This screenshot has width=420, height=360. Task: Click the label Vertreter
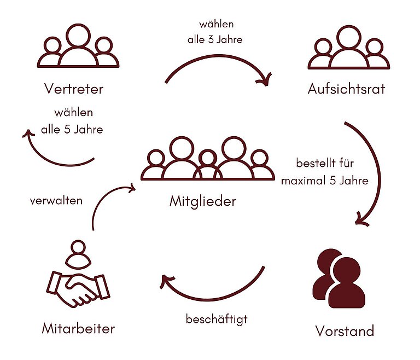tap(74, 89)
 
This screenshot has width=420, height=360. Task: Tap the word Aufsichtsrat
tap(347, 89)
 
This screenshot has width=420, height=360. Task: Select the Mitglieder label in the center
tap(203, 201)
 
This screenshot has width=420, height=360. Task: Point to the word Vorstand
tap(345, 331)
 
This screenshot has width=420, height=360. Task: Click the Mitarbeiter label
tap(78, 329)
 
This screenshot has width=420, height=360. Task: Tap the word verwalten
tap(56, 200)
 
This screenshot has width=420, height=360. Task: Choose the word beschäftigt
tap(217, 318)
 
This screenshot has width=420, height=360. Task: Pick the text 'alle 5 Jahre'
tap(72, 130)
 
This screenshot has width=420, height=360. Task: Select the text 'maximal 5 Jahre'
tap(325, 180)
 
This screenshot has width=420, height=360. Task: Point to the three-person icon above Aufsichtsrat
tap(348, 49)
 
